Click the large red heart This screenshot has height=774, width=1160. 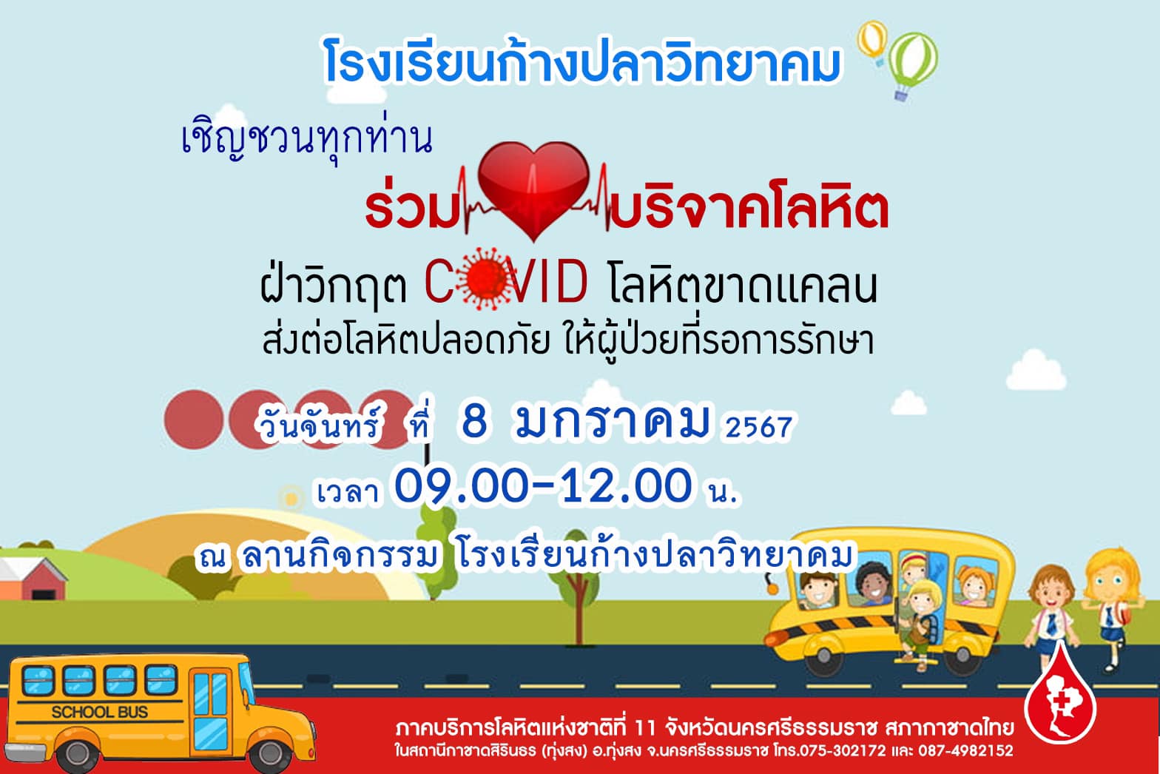click(533, 189)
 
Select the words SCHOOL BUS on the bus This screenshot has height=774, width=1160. click(100, 713)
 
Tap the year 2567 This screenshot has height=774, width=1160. click(759, 427)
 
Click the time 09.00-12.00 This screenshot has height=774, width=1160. click(543, 485)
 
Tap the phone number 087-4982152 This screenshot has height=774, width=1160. click(966, 750)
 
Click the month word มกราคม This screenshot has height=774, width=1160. click(612, 421)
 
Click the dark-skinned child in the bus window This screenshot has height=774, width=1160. click(872, 583)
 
